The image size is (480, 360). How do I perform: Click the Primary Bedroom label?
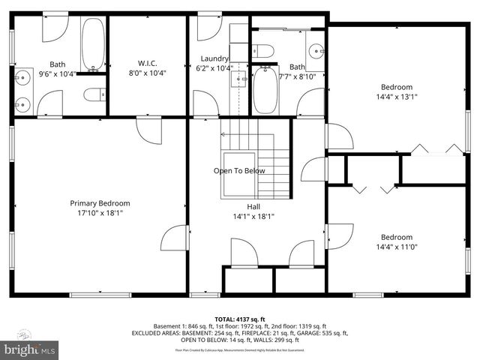click(x=100, y=203)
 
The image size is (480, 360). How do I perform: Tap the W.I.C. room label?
click(x=147, y=63)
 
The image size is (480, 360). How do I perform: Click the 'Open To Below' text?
click(x=239, y=170)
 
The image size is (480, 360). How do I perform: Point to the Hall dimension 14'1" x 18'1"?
click(x=254, y=217)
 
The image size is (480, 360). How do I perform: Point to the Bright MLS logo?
click(x=30, y=349)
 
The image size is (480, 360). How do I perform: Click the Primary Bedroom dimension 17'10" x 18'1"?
click(x=100, y=213)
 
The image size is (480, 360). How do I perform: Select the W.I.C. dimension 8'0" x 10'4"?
click(x=147, y=73)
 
